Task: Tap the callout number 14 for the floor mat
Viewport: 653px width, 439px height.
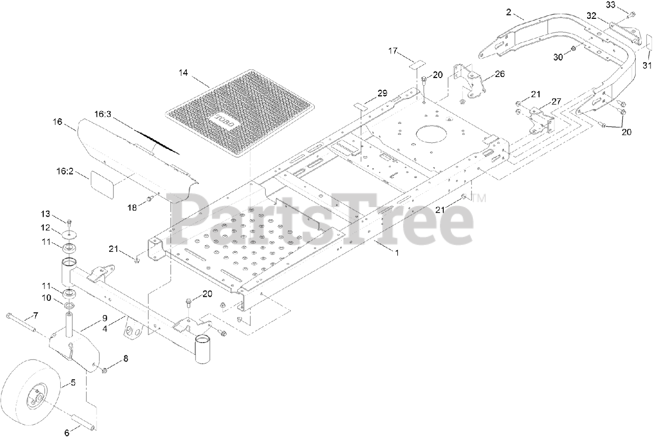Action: pos(183,73)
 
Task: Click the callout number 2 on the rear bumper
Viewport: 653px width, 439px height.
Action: pos(509,12)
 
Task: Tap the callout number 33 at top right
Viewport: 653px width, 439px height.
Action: pos(611,5)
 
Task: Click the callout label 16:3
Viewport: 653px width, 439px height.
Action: pos(103,114)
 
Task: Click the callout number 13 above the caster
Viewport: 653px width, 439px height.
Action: pos(46,213)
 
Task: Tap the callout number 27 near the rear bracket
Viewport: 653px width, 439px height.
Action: pos(556,101)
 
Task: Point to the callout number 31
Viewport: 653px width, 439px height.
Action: pos(647,65)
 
